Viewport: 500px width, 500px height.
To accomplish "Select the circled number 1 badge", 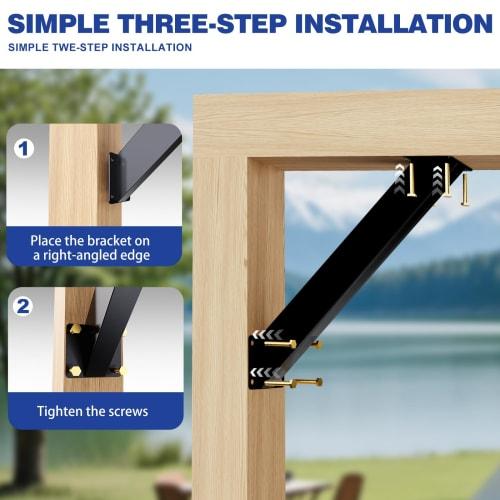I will pos(25,149).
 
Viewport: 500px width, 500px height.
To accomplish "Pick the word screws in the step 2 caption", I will pos(127,411).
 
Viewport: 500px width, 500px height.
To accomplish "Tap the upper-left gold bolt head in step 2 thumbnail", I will pos(74,329).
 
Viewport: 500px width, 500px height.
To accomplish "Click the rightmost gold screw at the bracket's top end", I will pos(465,188).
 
